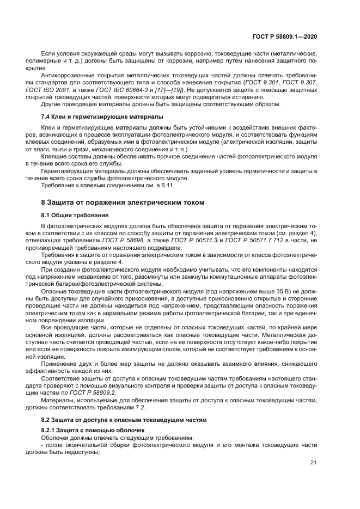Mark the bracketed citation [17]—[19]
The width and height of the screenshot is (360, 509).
pyautogui.click(x=174, y=89)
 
